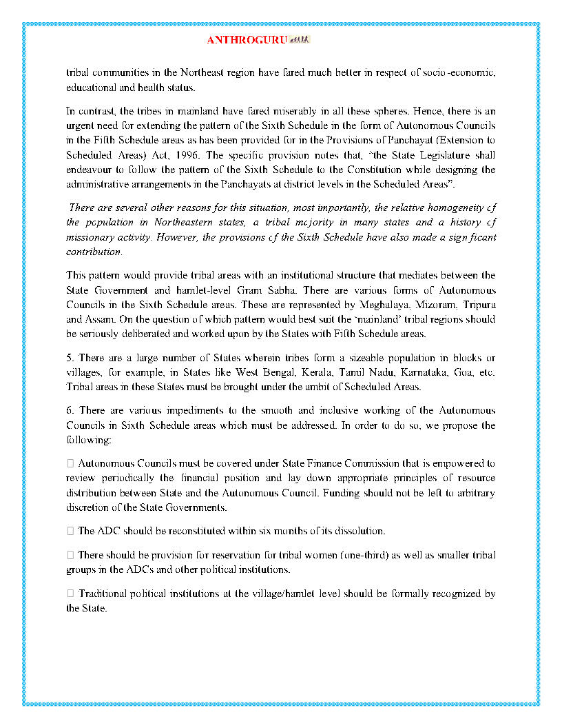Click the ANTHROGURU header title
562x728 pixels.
pyautogui.click(x=247, y=40)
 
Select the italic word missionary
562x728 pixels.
pyautogui.click(x=90, y=236)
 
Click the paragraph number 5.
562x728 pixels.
pyautogui.click(x=69, y=358)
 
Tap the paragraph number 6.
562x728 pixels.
pyautogui.click(x=69, y=410)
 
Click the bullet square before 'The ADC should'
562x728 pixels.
pyautogui.click(x=70, y=531)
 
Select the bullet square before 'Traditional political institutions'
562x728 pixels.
pyautogui.click(x=70, y=594)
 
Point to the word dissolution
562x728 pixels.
pyautogui.click(x=359, y=531)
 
